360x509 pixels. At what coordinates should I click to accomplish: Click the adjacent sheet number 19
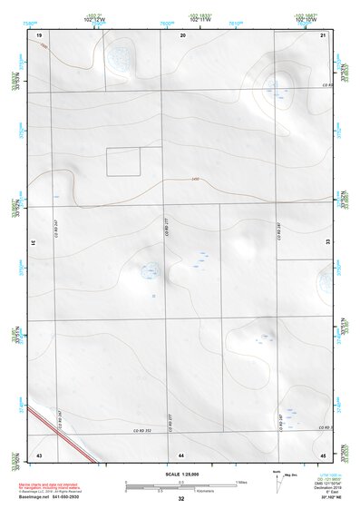coord(40,34)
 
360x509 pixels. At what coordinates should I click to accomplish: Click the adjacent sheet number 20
coord(183,34)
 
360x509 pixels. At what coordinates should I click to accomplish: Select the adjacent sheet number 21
coord(323,34)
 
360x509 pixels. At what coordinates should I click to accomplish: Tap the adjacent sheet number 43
coord(39,453)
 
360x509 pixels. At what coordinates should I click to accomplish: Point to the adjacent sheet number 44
coord(181,453)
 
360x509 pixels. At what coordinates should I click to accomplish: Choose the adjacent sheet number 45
coord(323,453)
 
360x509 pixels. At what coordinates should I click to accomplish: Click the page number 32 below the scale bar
coord(181,499)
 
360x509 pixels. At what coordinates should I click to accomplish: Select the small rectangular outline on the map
coord(123,162)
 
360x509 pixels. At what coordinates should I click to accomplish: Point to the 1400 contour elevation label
coord(195,178)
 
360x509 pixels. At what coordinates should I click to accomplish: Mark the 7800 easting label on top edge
coord(166,21)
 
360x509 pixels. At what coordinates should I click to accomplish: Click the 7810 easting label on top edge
coord(235,21)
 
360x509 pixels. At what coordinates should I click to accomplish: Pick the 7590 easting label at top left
coord(30,21)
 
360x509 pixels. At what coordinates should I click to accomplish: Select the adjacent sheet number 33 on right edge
coord(327,243)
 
